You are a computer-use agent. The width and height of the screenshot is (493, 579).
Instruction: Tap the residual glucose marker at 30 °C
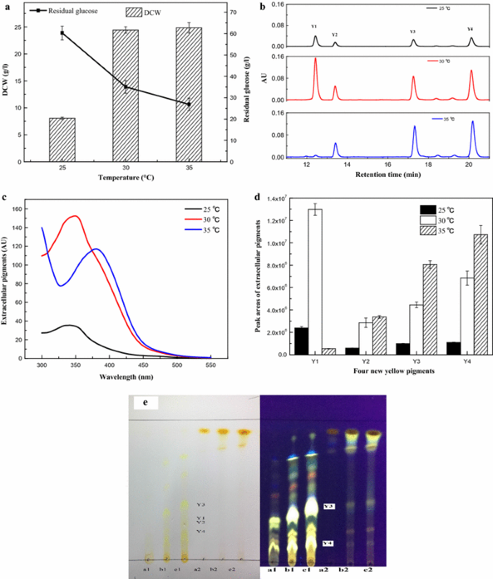(125, 87)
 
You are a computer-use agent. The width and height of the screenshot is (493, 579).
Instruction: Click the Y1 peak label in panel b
(315, 27)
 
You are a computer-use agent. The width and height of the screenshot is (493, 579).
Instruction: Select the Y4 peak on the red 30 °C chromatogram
(471, 72)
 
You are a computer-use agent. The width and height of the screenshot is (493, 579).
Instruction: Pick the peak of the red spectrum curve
(75, 216)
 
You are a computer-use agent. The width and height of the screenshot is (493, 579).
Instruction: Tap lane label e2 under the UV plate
(368, 570)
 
